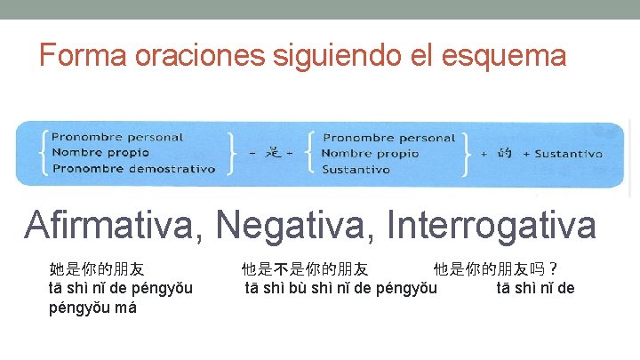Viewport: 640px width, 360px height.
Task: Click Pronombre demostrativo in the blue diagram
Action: pyautogui.click(x=133, y=169)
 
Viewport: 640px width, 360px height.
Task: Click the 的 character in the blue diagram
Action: pyautogui.click(x=505, y=153)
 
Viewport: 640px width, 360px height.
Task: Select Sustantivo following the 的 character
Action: pyautogui.click(x=568, y=154)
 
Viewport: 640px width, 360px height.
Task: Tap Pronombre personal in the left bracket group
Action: pyautogui.click(x=117, y=138)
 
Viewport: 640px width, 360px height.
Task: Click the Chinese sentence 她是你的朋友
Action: pyautogui.click(x=97, y=268)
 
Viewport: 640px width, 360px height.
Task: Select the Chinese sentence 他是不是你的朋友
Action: pyautogui.click(x=305, y=268)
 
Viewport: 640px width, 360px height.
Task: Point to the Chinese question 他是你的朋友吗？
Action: pyautogui.click(x=496, y=268)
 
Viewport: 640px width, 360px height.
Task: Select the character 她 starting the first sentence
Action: pyautogui.click(x=57, y=268)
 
